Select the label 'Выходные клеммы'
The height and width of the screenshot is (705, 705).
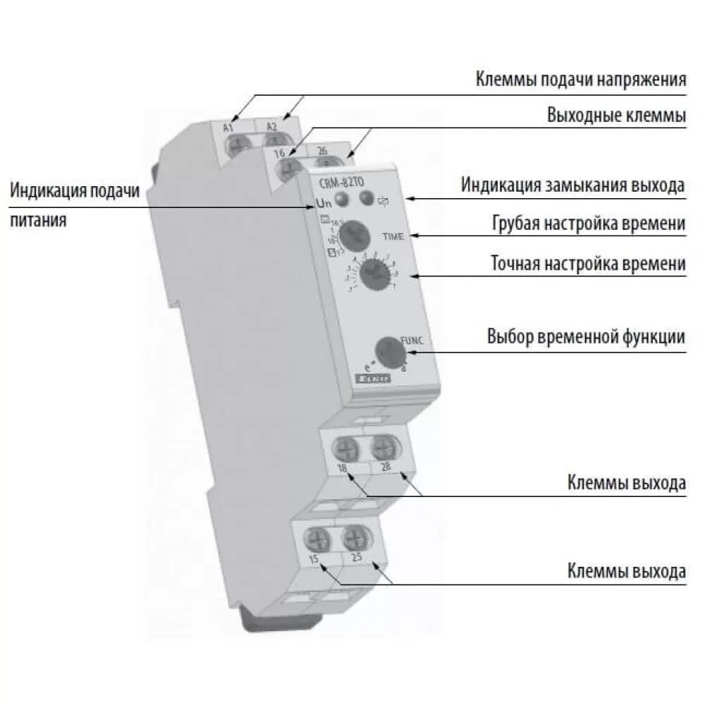coord(616,115)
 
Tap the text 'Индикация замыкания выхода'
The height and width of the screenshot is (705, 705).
coord(572,185)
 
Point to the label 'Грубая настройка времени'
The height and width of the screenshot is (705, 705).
coord(588,223)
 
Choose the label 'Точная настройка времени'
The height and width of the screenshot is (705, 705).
coord(588,264)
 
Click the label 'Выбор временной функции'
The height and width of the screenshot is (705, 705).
coord(586,336)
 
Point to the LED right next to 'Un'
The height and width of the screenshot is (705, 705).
coord(341,200)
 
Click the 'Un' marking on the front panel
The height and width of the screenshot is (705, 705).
coord(322,205)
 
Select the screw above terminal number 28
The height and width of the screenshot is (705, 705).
coord(384,446)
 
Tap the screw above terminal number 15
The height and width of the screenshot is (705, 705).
coord(314,539)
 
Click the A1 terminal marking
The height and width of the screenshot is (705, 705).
coord(228,128)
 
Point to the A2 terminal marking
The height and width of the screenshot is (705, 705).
coord(272,127)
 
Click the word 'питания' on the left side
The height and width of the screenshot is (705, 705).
coord(39,221)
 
